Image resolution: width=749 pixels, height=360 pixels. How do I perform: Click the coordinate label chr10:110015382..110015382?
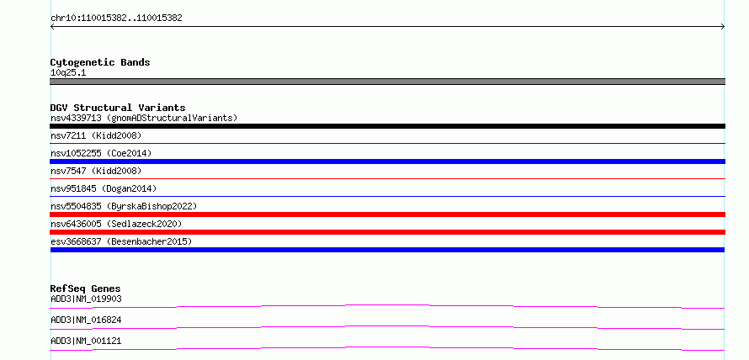116,19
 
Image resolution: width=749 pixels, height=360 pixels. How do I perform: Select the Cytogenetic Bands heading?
100,62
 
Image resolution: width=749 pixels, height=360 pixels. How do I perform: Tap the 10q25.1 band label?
68,73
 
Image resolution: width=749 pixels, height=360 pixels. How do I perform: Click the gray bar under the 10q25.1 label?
387,82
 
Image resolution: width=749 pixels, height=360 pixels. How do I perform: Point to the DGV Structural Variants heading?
118,108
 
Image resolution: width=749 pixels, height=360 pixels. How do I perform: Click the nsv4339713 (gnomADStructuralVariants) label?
144,118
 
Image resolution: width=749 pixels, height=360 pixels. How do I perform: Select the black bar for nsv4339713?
387,126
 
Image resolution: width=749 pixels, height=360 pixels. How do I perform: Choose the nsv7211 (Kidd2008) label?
96,135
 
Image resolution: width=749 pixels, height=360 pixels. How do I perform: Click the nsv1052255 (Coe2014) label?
101,153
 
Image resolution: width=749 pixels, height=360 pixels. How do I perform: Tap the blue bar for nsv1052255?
387,161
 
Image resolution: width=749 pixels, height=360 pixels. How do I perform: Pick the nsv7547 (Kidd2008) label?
96,171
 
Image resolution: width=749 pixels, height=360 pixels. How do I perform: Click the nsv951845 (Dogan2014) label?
104,188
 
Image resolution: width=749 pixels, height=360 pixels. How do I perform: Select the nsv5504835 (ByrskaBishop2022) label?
124,206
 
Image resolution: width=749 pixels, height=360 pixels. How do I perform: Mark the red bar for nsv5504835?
387,214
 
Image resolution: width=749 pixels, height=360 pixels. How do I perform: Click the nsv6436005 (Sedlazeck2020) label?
116,224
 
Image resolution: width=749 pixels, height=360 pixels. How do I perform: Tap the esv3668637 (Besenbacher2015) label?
121,241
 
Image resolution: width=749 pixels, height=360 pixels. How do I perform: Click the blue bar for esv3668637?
387,250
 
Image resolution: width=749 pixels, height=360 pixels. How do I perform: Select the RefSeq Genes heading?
86,289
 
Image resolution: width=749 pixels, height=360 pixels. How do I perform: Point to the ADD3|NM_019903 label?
86,299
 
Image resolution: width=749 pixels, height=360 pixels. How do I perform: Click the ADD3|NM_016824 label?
86,320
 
